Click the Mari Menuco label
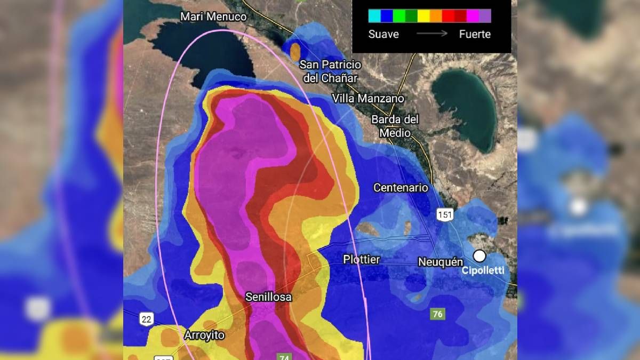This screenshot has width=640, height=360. (213, 17)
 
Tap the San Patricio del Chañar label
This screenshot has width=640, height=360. (330, 71)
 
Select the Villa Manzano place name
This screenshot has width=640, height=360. (368, 99)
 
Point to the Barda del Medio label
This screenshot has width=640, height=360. (395, 126)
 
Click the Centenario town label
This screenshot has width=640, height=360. (401, 188)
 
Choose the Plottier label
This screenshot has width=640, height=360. (361, 260)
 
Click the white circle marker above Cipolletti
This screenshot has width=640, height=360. (479, 256)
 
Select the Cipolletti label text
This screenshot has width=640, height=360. (483, 270)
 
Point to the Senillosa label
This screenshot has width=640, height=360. (268, 297)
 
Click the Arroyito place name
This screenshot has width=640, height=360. (204, 335)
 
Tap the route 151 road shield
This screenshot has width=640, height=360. (444, 214)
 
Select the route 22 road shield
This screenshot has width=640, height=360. (147, 319)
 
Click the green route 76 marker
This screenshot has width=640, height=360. (437, 314)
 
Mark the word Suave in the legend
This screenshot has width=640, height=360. (383, 34)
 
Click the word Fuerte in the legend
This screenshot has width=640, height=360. (475, 34)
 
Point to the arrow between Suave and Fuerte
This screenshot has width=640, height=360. (432, 34)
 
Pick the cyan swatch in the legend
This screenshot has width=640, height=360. (374, 16)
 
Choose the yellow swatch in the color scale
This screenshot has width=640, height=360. (423, 16)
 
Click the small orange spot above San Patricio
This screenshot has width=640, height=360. (295, 51)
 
